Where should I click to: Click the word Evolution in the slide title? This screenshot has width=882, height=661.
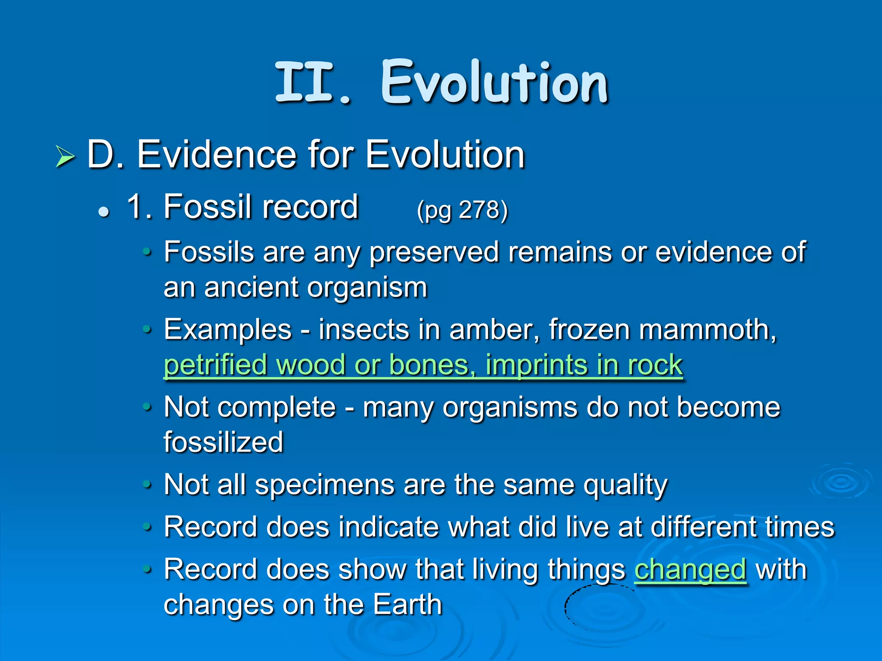click(494, 83)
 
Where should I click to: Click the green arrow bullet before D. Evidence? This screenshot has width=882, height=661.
click(65, 157)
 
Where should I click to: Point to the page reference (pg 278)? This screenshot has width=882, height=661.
click(462, 210)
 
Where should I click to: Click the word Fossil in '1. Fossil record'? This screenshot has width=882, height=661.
click(208, 207)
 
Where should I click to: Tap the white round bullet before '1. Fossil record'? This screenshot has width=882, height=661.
click(103, 212)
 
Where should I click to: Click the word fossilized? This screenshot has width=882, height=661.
click(224, 442)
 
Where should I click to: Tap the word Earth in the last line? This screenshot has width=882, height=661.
click(407, 605)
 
